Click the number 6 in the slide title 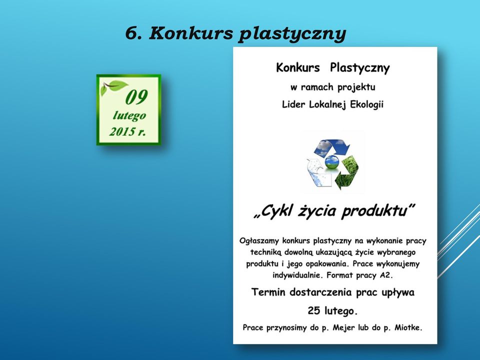click(130, 33)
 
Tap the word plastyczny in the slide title click(292, 34)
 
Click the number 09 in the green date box click(136, 97)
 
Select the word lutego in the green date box click(129, 116)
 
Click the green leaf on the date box click(115, 86)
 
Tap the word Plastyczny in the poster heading click(359, 68)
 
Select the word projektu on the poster click(356, 87)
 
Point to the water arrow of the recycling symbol click(318, 173)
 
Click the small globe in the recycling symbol click(332, 162)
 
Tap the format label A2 click(385, 275)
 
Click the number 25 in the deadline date click(314, 310)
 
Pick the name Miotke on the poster click(408, 327)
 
